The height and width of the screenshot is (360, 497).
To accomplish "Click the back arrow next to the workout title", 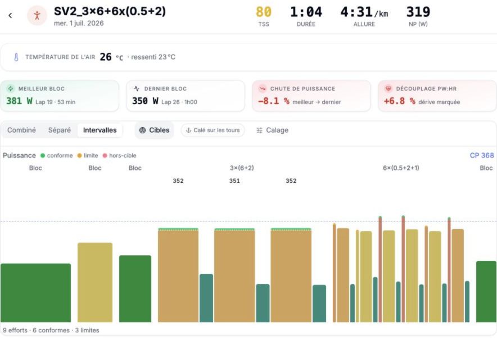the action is coord(10,15).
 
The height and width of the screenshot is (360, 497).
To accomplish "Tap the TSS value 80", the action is coord(263,12).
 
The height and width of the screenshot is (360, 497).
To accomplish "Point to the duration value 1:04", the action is coord(306,12).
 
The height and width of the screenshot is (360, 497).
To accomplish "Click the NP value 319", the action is coord(418,12).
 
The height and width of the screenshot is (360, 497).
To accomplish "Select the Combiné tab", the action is coord(21,130).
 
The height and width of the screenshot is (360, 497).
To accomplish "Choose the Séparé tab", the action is coord(59,130).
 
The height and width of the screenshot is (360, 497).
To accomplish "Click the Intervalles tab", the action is coord(100,130).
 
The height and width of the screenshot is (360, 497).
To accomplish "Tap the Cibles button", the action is coord(155,130).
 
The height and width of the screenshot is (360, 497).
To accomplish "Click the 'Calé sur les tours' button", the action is coord(213,130).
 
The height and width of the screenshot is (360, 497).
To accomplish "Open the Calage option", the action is coord(272,130).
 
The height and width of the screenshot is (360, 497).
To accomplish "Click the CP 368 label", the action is coord(482,155).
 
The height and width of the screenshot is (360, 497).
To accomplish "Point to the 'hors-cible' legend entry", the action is coord(120,155).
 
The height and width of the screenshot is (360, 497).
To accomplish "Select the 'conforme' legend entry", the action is coord(57,155).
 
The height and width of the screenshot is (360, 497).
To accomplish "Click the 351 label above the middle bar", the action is coord(234,181).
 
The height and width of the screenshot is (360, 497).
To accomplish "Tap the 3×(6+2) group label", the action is coord(242,168).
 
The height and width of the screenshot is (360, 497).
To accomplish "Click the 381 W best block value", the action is coord(19,101).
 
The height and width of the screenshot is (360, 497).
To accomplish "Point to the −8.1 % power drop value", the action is coord(274,101).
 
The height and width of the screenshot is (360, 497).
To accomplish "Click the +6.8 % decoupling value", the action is coord(399,101).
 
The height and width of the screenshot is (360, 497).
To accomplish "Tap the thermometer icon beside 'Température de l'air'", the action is coord(16,57).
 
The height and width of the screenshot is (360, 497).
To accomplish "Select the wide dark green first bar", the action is coord(35,292).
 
